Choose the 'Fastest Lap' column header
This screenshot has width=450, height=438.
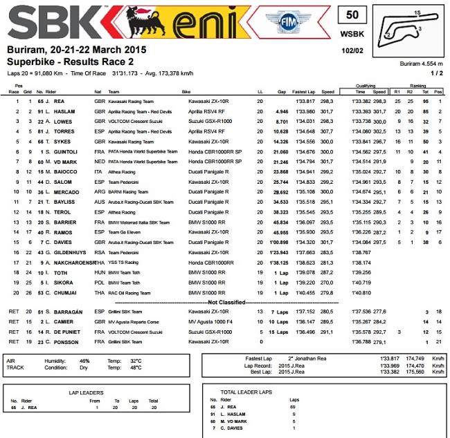coord(305,91)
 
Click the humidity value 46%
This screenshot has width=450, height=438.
coord(84,361)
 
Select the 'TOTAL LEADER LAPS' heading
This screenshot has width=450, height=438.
coord(244,391)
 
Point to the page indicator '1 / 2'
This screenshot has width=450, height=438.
coord(437,73)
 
